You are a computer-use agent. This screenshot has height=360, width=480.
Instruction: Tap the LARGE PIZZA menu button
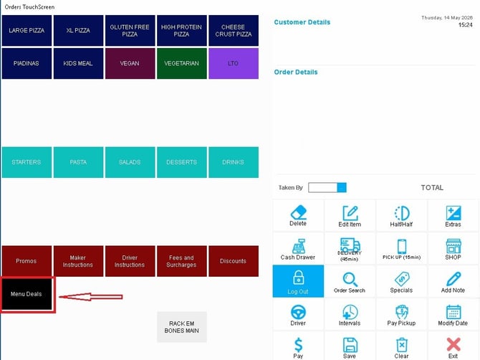27,31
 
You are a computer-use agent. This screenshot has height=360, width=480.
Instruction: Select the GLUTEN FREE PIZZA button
130,31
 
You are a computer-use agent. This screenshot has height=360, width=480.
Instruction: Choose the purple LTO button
234,63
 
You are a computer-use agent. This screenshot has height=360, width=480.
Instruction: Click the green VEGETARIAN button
182,63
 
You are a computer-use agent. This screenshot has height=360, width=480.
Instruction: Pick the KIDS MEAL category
78,63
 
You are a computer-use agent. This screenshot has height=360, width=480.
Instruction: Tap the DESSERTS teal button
182,162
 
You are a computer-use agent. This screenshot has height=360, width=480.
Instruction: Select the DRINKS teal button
234,162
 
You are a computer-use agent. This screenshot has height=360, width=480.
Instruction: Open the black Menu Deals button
27,294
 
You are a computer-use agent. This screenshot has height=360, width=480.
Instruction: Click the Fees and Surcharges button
182,261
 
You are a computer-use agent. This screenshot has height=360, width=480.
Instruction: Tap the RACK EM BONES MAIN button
182,327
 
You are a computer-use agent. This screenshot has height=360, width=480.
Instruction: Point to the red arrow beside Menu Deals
90,297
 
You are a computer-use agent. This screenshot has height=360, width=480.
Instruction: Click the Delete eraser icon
298,212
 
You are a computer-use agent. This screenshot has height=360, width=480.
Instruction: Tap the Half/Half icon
402,213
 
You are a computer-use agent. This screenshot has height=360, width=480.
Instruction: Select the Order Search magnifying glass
350,279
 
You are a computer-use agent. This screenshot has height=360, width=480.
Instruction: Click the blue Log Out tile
298,281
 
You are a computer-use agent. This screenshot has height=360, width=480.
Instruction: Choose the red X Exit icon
453,344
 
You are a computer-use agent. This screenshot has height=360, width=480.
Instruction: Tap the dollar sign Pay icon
298,345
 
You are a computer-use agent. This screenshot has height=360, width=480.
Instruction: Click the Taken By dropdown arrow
342,187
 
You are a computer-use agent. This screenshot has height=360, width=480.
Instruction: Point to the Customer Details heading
302,22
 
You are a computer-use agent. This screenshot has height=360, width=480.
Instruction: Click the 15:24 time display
465,25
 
